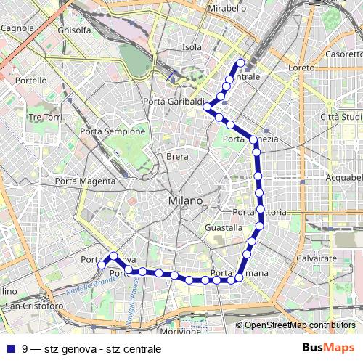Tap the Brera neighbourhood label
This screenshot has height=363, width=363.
[x=177, y=157]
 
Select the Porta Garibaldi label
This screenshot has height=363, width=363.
[x=174, y=102]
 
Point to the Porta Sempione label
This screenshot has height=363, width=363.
[x=113, y=131]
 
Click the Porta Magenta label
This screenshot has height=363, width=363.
[x=85, y=181]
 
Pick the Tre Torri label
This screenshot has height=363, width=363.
[x=45, y=117]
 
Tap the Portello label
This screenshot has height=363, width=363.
[x=30, y=81]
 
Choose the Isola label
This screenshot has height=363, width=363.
[x=192, y=47]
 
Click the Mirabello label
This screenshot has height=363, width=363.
[x=227, y=8]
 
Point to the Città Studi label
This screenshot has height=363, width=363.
[x=340, y=117]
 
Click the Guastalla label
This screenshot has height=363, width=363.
[x=224, y=227]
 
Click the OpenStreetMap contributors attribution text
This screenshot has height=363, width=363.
[x=300, y=325]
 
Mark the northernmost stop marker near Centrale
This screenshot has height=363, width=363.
[x=241, y=62]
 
